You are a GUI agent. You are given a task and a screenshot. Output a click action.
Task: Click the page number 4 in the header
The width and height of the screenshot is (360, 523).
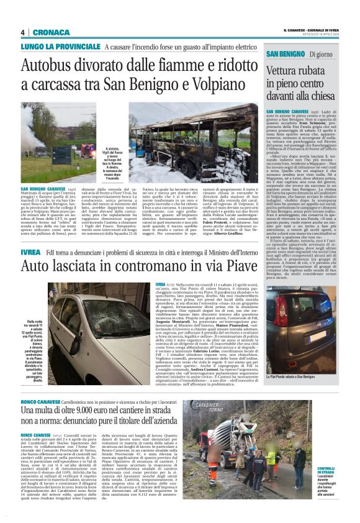click(x=22, y=32)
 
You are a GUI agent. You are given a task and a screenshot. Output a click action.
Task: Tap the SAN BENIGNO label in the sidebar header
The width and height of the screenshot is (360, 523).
click(x=287, y=55)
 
